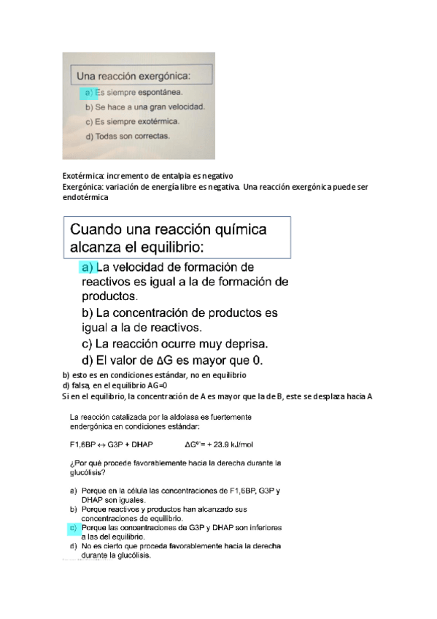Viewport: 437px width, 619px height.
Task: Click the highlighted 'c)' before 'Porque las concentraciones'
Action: click(x=74, y=526)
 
